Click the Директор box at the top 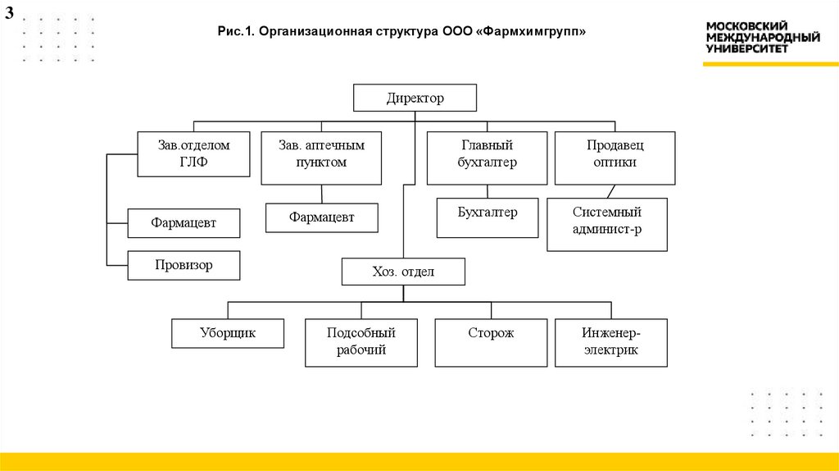pyautogui.click(x=415, y=98)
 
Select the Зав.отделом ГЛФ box pyautogui.click(x=193, y=153)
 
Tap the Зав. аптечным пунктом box pyautogui.click(x=321, y=158)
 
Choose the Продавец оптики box pyautogui.click(x=615, y=158)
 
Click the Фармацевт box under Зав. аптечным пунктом pyautogui.click(x=321, y=217)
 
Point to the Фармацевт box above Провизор pyautogui.click(x=184, y=222)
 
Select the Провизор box pyautogui.click(x=184, y=265)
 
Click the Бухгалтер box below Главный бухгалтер pyautogui.click(x=487, y=217)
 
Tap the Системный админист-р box pyautogui.click(x=606, y=224)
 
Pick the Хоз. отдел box pyautogui.click(x=403, y=272)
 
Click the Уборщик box pyautogui.click(x=228, y=333)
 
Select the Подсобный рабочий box pyautogui.click(x=361, y=342)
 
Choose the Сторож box pyautogui.click(x=491, y=342)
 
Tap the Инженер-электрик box pyautogui.click(x=610, y=342)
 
